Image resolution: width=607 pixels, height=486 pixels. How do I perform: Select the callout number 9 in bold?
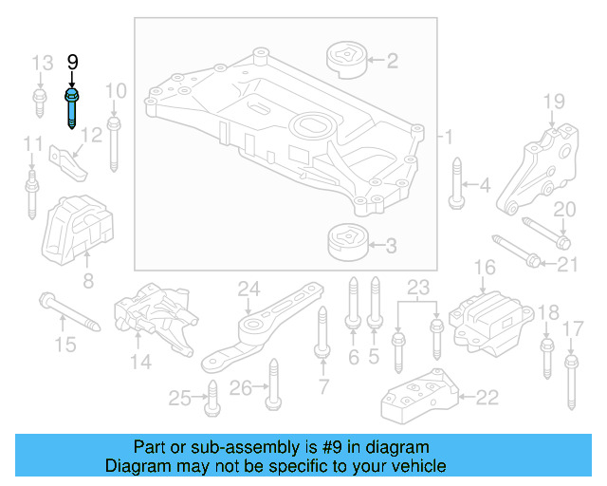(x=72, y=63)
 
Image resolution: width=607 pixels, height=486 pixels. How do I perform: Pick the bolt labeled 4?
(x=456, y=185)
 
